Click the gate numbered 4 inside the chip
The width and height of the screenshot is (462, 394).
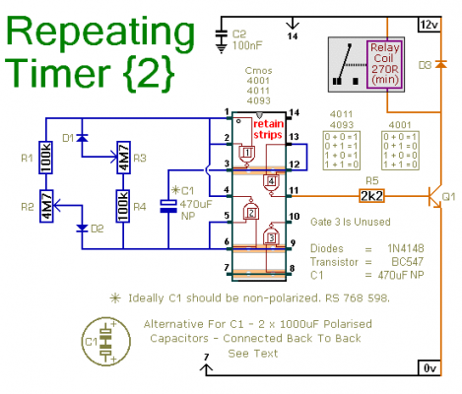tap(271, 181)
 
